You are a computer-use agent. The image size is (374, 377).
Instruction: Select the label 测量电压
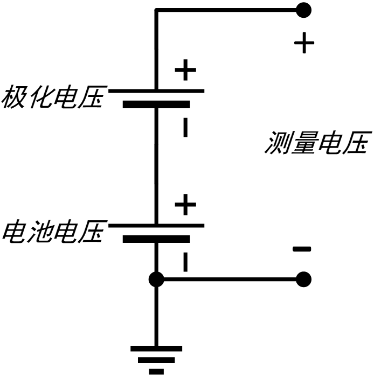[318, 142]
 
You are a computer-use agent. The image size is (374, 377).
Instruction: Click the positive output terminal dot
[303, 10]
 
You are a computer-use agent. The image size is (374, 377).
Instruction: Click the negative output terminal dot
[303, 279]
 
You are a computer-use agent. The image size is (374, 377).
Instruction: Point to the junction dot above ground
[156, 279]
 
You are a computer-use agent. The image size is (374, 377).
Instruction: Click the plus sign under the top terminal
[304, 43]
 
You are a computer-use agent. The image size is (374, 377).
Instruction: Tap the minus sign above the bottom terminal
[302, 249]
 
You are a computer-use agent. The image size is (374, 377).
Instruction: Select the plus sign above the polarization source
[185, 70]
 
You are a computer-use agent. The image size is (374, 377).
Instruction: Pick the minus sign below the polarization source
[185, 127]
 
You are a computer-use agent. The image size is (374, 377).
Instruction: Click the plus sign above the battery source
[185, 205]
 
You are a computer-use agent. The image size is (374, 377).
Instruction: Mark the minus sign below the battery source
[185, 262]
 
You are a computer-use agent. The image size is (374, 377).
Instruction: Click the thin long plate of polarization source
[156, 91]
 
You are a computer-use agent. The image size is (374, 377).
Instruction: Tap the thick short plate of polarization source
[156, 104]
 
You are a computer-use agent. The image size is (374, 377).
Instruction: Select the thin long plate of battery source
[156, 226]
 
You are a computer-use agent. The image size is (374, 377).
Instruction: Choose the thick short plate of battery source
[156, 239]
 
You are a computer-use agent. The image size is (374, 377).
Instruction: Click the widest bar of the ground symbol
[156, 348]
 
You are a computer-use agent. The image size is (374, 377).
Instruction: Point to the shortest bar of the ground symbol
[156, 372]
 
